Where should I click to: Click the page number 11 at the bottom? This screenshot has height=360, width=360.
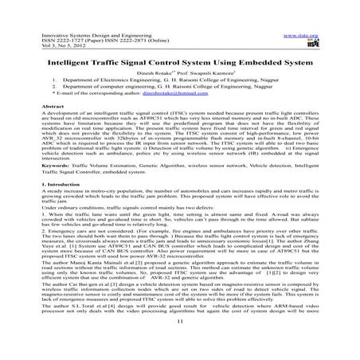[x=180, y=343]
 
